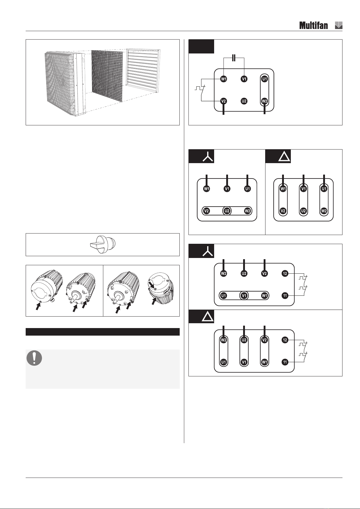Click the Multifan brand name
pos(313,25)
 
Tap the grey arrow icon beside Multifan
pos(339,25)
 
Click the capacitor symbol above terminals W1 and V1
pos(234,58)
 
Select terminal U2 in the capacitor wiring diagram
pos(244,101)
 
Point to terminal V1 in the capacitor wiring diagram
pos(244,79)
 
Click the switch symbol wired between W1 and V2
pos(201,90)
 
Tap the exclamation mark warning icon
pos(34,358)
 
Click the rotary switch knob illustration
pos(103,245)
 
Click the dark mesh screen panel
pos(107,76)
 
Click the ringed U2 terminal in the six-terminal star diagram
pos(227,211)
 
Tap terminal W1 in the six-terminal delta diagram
pos(283,189)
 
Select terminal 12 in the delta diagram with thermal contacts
pos(285,340)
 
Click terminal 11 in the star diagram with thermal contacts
pos(285,296)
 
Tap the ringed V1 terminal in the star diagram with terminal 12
pos(244,296)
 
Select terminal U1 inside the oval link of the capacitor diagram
pos(264,79)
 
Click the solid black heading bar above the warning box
pos(103,332)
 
